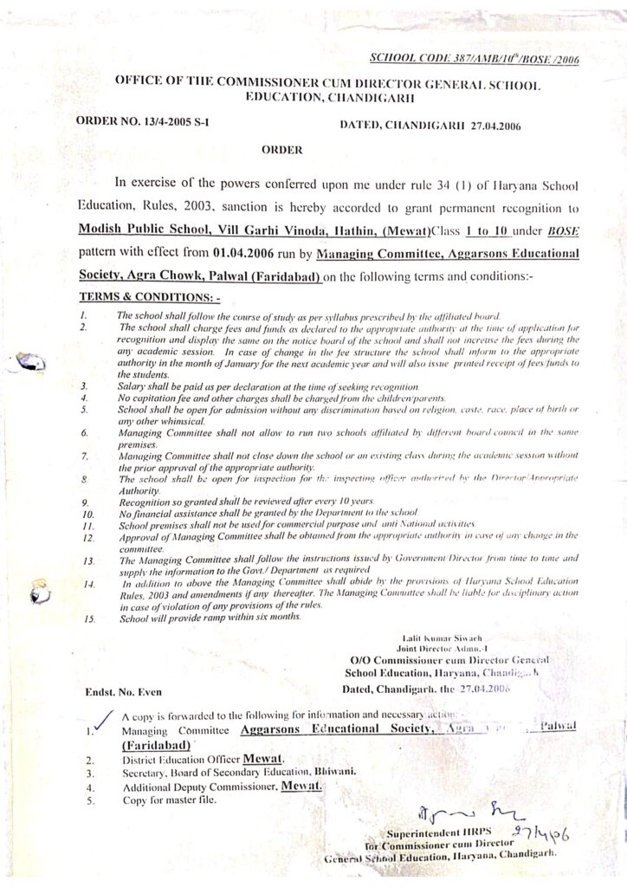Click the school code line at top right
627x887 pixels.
[474, 59]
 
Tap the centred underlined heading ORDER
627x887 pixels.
[282, 150]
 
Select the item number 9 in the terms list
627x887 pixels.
[84, 501]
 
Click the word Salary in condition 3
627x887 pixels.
[133, 384]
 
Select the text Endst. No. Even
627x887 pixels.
[124, 691]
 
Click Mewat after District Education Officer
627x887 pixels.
[264, 759]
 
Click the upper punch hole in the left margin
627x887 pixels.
[33, 362]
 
